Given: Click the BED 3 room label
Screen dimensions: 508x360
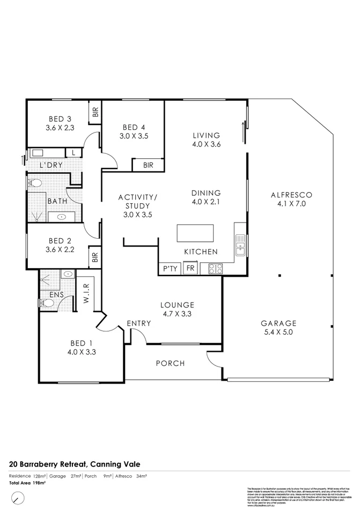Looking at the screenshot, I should click(x=60, y=119).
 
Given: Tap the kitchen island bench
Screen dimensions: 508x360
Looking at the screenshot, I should click(x=195, y=234).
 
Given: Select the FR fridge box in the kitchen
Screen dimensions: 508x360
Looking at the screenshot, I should click(x=190, y=268).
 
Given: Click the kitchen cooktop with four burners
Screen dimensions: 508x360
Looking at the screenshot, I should click(x=215, y=268).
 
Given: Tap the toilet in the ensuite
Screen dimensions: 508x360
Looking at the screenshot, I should click(x=47, y=303).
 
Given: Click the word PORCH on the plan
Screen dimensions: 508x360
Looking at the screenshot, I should click(x=170, y=363).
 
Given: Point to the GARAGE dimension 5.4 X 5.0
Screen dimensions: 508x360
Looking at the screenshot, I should click(x=278, y=333).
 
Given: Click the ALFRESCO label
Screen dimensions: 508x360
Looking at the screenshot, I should click(x=291, y=195).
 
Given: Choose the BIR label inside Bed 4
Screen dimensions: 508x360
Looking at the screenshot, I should click(x=148, y=165).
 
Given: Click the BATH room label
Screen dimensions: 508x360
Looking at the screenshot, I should click(x=57, y=201).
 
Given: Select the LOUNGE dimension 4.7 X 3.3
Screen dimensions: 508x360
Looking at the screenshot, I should click(x=177, y=314).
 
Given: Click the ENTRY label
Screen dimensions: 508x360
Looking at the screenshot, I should click(x=139, y=323).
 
